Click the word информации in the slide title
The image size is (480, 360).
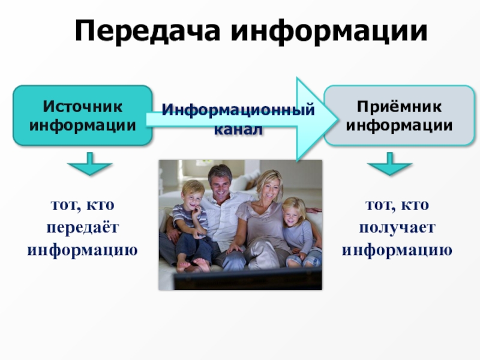(329, 31)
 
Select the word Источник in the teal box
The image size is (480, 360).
(83, 107)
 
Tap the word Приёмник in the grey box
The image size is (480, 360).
(399, 107)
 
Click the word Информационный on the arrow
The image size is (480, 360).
(238, 110)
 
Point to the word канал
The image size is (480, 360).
(238, 130)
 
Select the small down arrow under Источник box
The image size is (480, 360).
(89, 164)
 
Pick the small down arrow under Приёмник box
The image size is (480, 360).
(389, 164)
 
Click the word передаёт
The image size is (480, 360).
(83, 228)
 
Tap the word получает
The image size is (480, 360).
(397, 228)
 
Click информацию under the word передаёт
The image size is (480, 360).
(83, 250)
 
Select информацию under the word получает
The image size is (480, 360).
(397, 250)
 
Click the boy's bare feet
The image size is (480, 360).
(193, 265)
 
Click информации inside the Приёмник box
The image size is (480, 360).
(399, 125)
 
